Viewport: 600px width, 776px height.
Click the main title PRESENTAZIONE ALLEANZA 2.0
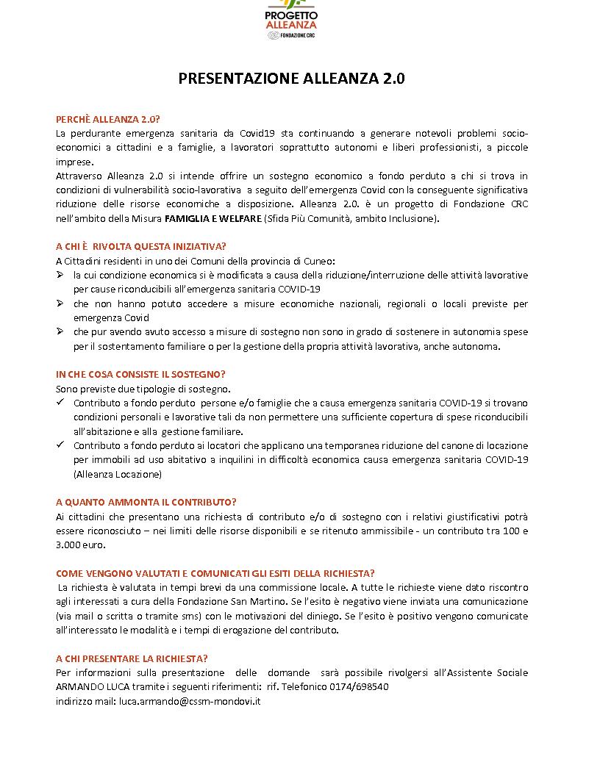coord(292,79)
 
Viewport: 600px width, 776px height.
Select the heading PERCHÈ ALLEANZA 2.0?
coord(108,120)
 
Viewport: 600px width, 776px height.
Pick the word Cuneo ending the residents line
coord(321,261)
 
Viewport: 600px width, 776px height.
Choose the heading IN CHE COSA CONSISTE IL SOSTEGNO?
coord(140,375)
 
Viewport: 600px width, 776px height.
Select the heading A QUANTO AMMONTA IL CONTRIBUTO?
coord(146,503)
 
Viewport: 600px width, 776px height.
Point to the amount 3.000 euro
coord(81,545)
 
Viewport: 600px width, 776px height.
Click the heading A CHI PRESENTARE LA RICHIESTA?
coord(132,658)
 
